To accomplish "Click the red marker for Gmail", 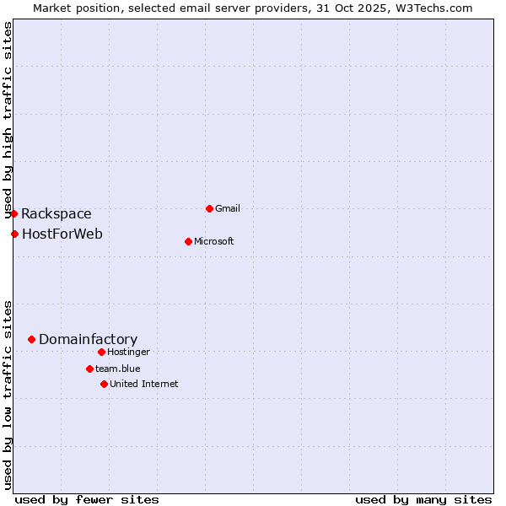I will point(209,208).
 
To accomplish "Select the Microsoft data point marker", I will point(188,241).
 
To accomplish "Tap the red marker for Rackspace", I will point(13,213).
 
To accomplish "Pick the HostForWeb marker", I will point(14,234).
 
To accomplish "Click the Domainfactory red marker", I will point(31,339).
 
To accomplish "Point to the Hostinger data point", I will point(101,352).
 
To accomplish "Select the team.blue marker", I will point(89,369).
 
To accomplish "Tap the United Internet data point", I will point(104,384).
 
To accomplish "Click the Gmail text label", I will point(228,208).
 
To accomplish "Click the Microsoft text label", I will point(214,241).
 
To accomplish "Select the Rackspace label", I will point(57,214).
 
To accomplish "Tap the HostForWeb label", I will point(62,234).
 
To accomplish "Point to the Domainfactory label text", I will point(88,340).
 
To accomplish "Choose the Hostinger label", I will point(128,352).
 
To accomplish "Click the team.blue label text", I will point(118,369).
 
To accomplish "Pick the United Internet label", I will point(144,384).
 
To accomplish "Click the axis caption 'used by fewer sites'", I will point(87,499).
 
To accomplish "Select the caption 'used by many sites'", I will point(423,499).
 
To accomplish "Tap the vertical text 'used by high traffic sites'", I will point(8,118).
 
